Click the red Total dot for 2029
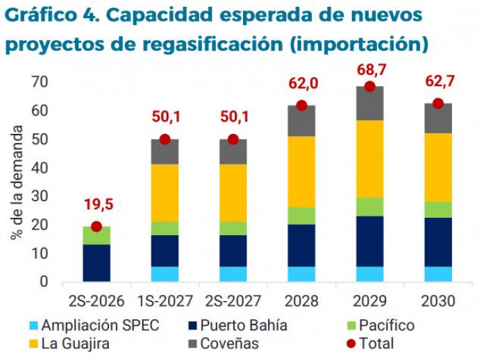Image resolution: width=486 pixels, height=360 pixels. [370, 87]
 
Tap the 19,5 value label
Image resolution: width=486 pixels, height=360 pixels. [97, 206]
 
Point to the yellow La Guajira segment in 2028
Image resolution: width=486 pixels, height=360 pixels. [301, 171]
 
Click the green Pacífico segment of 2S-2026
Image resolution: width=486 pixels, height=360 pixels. [97, 235]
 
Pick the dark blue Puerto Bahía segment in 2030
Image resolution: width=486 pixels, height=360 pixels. [438, 242]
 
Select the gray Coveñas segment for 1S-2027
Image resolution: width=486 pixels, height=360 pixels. [165, 152]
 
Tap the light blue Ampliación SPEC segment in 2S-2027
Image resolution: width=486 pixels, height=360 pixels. [233, 274]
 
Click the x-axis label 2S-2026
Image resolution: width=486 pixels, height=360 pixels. [96, 302]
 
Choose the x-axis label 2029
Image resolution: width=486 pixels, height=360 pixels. [370, 302]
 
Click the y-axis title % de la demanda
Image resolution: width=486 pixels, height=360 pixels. [17, 183]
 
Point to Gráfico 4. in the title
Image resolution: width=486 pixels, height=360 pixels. [42, 14]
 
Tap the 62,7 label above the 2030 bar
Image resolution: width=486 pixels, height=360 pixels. [439, 82]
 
